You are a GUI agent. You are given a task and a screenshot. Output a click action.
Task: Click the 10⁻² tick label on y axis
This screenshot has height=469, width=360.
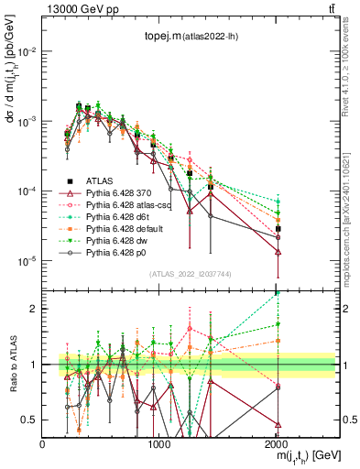point(26,51)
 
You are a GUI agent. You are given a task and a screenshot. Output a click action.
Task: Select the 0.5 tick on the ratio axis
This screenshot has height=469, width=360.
point(30,420)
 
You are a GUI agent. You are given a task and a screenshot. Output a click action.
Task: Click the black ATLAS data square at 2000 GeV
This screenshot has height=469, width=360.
point(278,229)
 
